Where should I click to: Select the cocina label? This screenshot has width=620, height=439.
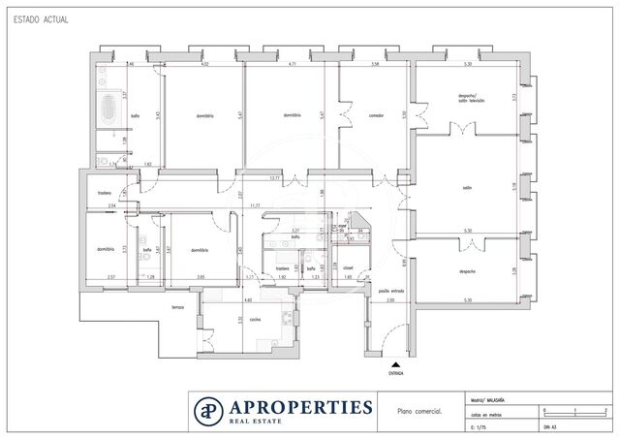point(255,320)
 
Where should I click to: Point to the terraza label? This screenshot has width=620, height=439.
point(177,308)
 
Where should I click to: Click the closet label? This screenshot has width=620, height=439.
point(347,267)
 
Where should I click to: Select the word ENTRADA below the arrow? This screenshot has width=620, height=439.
point(396,372)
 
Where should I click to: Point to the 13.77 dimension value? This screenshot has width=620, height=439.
point(274,178)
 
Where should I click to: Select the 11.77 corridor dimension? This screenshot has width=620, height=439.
point(254,205)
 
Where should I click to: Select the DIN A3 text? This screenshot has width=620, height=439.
point(550,425)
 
